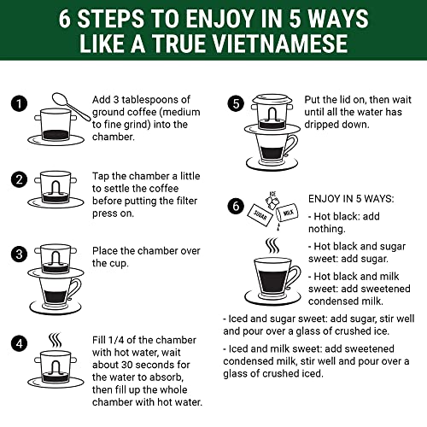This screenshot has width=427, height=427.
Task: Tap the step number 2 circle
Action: coord(18,179)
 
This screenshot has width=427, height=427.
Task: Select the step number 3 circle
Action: coord(18,254)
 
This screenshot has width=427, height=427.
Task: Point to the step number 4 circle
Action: coord(18,346)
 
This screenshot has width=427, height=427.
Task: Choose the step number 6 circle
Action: coord(236,205)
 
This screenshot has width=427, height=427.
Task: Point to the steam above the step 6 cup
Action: coord(272,246)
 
